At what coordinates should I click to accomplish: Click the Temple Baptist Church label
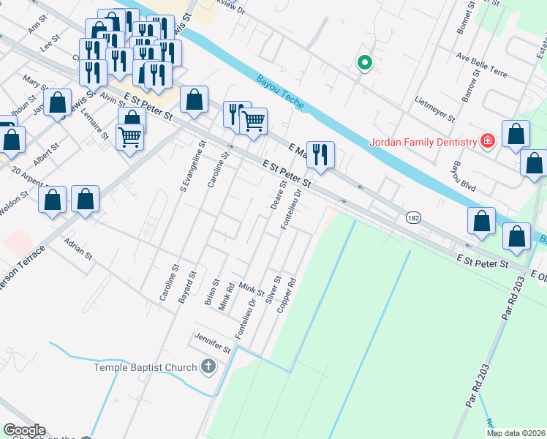pyautogui.click(x=146, y=367)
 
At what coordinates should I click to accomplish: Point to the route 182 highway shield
pyautogui.click(x=412, y=218)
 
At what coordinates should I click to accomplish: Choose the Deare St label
pyautogui.click(x=278, y=196)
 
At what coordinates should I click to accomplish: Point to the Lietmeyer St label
pyautogui.click(x=434, y=108)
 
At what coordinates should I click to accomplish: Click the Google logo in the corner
pyautogui.click(x=24, y=430)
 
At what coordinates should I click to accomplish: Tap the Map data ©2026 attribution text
pyautogui.click(x=516, y=433)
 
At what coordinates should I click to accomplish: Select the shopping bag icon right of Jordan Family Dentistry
pyautogui.click(x=516, y=135)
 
